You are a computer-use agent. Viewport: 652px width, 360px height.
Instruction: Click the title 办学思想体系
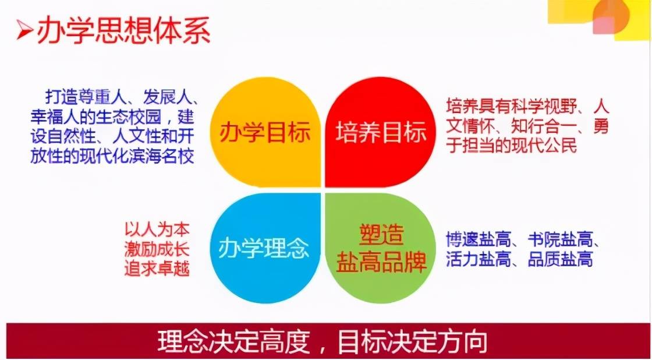(123, 31)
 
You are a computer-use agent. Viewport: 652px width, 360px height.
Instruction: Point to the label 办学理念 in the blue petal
(264, 249)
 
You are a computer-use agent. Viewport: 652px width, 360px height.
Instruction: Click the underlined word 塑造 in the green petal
(381, 235)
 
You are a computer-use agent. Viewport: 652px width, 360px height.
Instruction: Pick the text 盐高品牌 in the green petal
(381, 262)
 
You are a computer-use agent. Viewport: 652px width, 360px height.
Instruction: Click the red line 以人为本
(157, 230)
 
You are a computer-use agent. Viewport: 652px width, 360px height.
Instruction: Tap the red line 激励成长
(157, 249)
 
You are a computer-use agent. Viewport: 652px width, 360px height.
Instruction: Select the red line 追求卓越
(157, 269)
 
